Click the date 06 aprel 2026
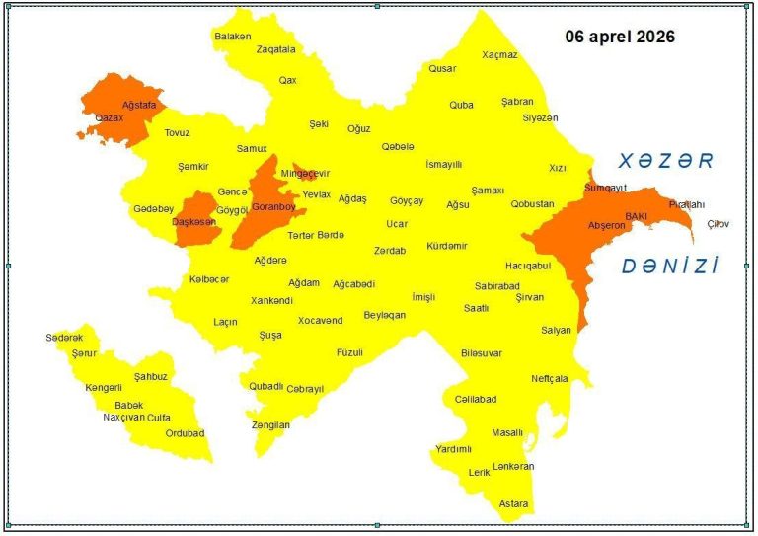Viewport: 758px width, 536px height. (x=620, y=37)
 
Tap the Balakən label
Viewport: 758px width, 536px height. (x=233, y=37)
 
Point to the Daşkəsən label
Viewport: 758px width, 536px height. (x=193, y=222)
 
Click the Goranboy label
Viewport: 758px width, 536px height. (x=273, y=207)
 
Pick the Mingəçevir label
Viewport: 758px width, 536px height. (x=305, y=174)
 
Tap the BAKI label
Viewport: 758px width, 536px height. (x=635, y=215)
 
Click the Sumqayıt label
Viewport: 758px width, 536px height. (x=605, y=187)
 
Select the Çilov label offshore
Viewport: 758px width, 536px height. (x=719, y=224)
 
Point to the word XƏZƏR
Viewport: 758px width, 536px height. (x=664, y=161)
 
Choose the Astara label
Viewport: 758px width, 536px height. (x=513, y=503)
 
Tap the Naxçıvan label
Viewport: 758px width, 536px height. (x=124, y=418)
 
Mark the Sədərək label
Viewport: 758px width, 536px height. (x=64, y=338)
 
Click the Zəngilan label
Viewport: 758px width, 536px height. (x=270, y=425)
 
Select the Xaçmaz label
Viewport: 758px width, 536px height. (x=499, y=55)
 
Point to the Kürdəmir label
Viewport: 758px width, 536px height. (x=446, y=246)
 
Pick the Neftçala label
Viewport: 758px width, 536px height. (x=549, y=378)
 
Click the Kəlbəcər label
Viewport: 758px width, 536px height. (x=209, y=279)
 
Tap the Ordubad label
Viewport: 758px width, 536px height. (x=185, y=433)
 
